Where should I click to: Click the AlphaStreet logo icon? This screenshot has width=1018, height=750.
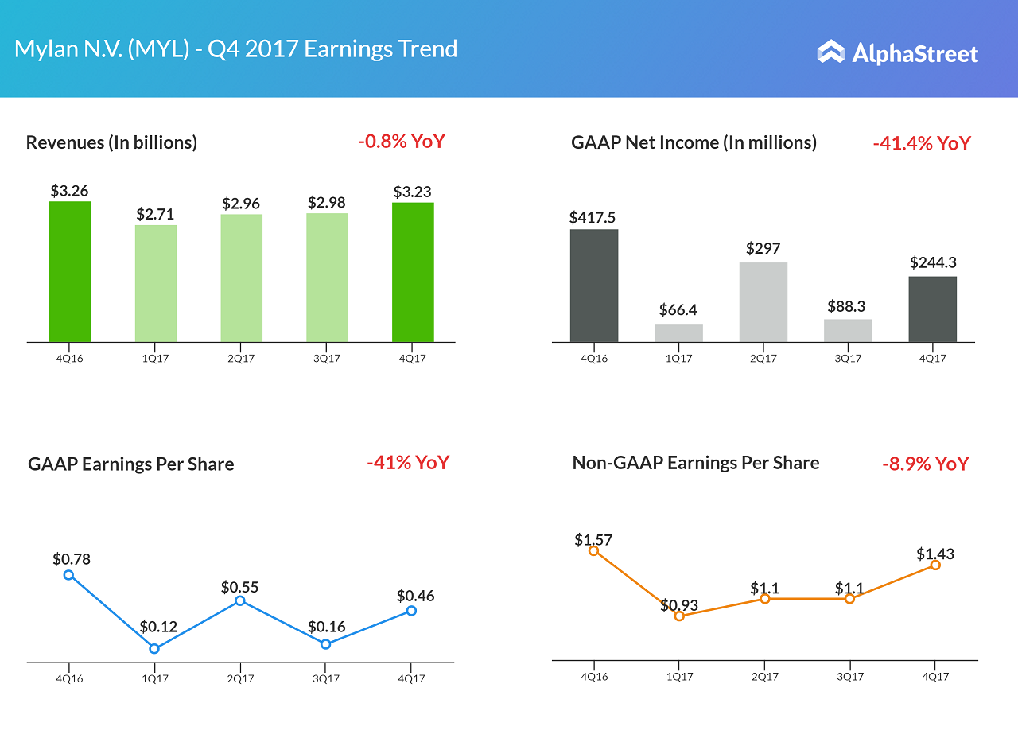point(831,52)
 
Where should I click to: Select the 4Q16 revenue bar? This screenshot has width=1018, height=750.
point(70,271)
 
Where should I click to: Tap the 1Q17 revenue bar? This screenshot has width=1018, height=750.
point(156,283)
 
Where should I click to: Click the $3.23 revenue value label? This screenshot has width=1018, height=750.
point(413,192)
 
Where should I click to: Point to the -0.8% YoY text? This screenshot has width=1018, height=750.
point(402,142)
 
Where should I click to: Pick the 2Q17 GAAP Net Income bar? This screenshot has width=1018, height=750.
point(763,302)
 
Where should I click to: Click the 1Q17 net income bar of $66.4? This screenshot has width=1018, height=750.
point(678,333)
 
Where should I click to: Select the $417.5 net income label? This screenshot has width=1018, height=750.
point(593,217)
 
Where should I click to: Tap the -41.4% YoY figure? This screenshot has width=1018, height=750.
point(922,143)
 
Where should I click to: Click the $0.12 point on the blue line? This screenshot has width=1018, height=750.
point(154,648)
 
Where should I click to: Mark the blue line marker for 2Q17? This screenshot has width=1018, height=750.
point(240,601)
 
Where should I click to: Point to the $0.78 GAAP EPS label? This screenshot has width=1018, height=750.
point(72,559)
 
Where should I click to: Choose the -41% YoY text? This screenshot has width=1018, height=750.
point(408,462)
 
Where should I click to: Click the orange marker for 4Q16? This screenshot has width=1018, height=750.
point(593,550)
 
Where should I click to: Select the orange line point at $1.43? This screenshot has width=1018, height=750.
point(935,565)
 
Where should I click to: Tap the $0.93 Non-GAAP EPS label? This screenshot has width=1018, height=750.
point(679,605)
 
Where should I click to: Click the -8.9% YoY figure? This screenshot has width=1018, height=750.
point(926,464)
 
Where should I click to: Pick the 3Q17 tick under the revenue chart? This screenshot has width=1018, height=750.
point(327,358)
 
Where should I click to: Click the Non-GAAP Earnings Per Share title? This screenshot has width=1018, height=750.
point(696,463)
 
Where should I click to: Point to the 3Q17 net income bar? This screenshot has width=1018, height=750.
point(848,330)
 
